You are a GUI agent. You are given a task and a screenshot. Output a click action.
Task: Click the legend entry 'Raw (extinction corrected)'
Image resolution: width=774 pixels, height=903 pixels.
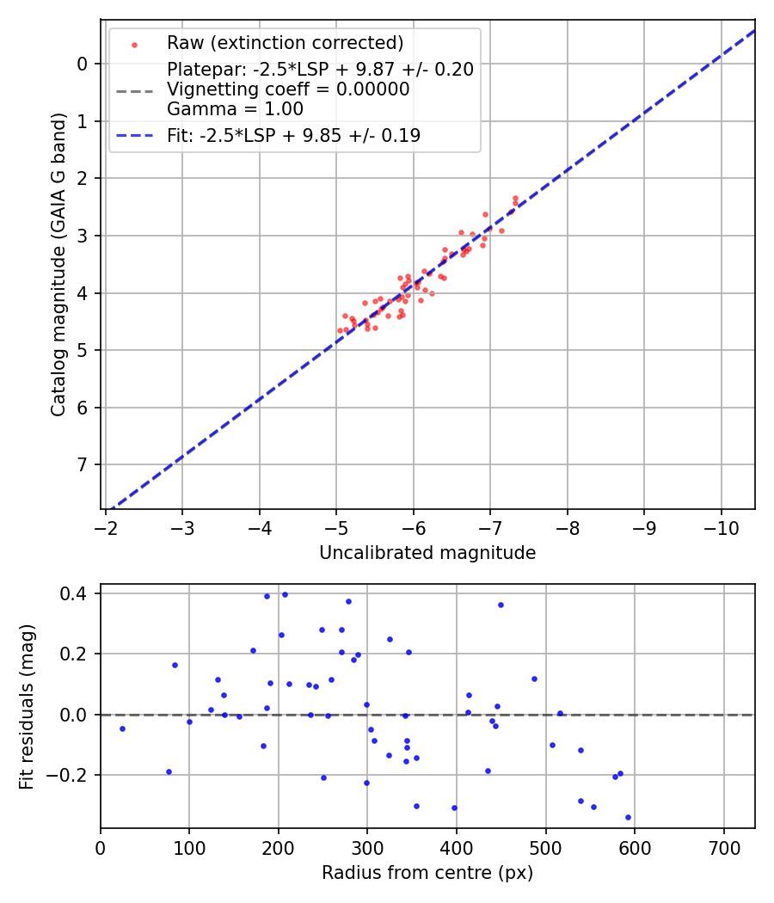point(285,43)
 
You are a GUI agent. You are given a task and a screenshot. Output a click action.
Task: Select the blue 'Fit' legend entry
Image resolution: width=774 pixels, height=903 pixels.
point(293,135)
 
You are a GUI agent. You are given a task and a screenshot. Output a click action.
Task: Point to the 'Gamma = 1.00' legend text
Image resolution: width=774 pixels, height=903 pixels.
point(235,109)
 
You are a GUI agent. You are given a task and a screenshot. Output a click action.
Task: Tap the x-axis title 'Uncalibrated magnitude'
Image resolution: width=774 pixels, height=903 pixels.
point(427,553)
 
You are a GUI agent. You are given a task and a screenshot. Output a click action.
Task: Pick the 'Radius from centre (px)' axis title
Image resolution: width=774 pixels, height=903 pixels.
point(427,873)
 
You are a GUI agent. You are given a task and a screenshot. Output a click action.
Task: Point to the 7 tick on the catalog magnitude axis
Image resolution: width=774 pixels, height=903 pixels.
point(82,465)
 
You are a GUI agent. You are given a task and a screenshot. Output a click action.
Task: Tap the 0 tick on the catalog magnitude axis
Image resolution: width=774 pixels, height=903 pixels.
point(82,64)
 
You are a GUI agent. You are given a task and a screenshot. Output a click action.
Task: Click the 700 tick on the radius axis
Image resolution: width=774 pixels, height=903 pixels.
point(723,848)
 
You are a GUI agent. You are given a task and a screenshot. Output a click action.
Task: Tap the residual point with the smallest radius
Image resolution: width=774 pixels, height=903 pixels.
point(122,728)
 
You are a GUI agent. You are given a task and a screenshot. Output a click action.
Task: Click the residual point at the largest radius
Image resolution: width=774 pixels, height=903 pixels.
point(628,817)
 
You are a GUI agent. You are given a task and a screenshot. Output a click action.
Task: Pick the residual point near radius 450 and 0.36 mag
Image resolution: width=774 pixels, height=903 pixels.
point(501,605)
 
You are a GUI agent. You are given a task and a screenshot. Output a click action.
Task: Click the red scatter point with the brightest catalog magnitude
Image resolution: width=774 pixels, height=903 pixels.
point(515,198)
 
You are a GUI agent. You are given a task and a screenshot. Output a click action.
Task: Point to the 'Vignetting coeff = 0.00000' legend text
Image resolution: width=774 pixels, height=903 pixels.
point(288,89)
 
